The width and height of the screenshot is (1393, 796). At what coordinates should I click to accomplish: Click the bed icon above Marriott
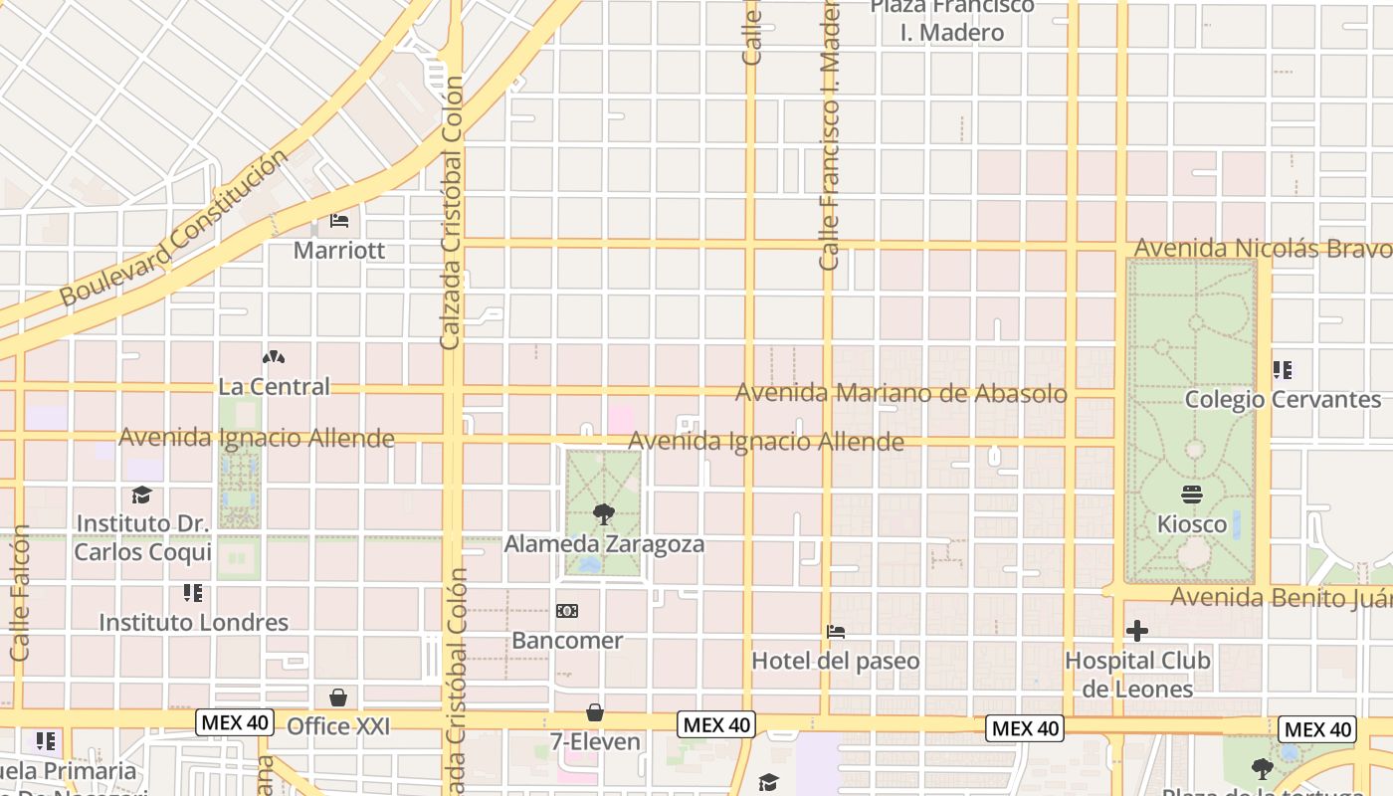[x=339, y=220]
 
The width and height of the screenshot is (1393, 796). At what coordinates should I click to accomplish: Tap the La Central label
[x=274, y=386]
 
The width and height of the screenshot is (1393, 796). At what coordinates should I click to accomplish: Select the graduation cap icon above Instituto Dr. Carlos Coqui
[x=142, y=495]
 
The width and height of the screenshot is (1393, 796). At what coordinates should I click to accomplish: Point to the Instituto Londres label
[x=193, y=623]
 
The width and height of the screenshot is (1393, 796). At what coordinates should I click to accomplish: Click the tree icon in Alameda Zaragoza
[x=602, y=514]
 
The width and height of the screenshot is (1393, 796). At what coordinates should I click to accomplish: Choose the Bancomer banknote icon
[x=566, y=611]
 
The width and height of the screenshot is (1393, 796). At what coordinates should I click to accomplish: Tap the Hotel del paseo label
[x=835, y=661]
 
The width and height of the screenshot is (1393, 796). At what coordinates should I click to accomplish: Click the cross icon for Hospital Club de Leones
[x=1137, y=631]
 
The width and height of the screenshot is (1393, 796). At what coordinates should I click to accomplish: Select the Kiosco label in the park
[x=1192, y=523]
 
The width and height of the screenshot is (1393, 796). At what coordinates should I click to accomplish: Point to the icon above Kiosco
[x=1192, y=495]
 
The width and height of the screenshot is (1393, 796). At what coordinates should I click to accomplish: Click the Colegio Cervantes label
[x=1283, y=400]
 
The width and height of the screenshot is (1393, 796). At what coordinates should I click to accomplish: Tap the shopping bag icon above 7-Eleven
[x=595, y=712]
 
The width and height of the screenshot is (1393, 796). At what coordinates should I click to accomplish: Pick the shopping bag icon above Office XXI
[x=338, y=696]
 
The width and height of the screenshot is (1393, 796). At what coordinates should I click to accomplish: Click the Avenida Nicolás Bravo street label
[x=1263, y=248]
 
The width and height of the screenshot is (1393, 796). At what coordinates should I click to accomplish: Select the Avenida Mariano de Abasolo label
[x=900, y=393]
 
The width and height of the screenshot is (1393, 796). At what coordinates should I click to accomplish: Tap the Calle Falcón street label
[x=20, y=594]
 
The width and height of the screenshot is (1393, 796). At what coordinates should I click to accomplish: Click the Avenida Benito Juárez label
[x=1281, y=598]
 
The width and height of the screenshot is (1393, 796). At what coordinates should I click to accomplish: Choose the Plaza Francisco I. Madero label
[x=952, y=20]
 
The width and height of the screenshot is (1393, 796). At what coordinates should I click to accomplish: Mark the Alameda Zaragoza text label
[x=604, y=544]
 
